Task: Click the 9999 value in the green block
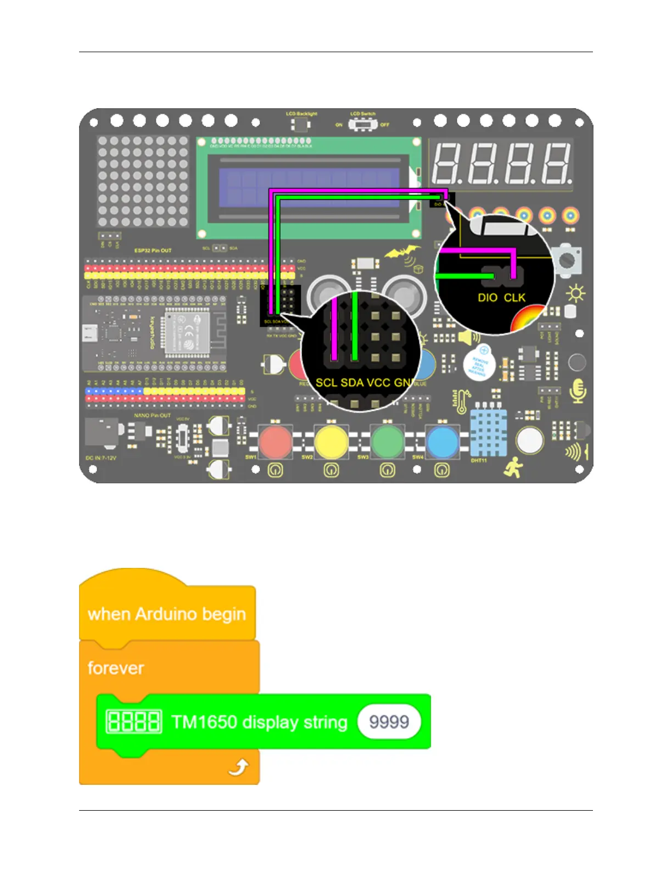(x=389, y=721)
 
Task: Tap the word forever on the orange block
(x=116, y=668)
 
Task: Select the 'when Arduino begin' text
(x=167, y=614)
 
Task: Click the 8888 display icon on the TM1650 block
(x=134, y=721)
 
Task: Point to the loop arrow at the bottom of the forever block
(x=239, y=767)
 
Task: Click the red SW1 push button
(x=275, y=442)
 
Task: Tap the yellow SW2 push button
(x=331, y=442)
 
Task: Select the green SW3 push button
(x=387, y=442)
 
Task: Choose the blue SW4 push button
(x=443, y=442)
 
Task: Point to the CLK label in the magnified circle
(x=514, y=298)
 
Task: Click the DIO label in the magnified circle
(x=488, y=298)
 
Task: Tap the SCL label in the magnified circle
(x=326, y=382)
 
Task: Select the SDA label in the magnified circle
(x=352, y=382)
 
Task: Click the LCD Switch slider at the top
(x=362, y=125)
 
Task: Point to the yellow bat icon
(x=402, y=252)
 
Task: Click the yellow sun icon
(x=575, y=294)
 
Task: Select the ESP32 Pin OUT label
(x=153, y=250)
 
